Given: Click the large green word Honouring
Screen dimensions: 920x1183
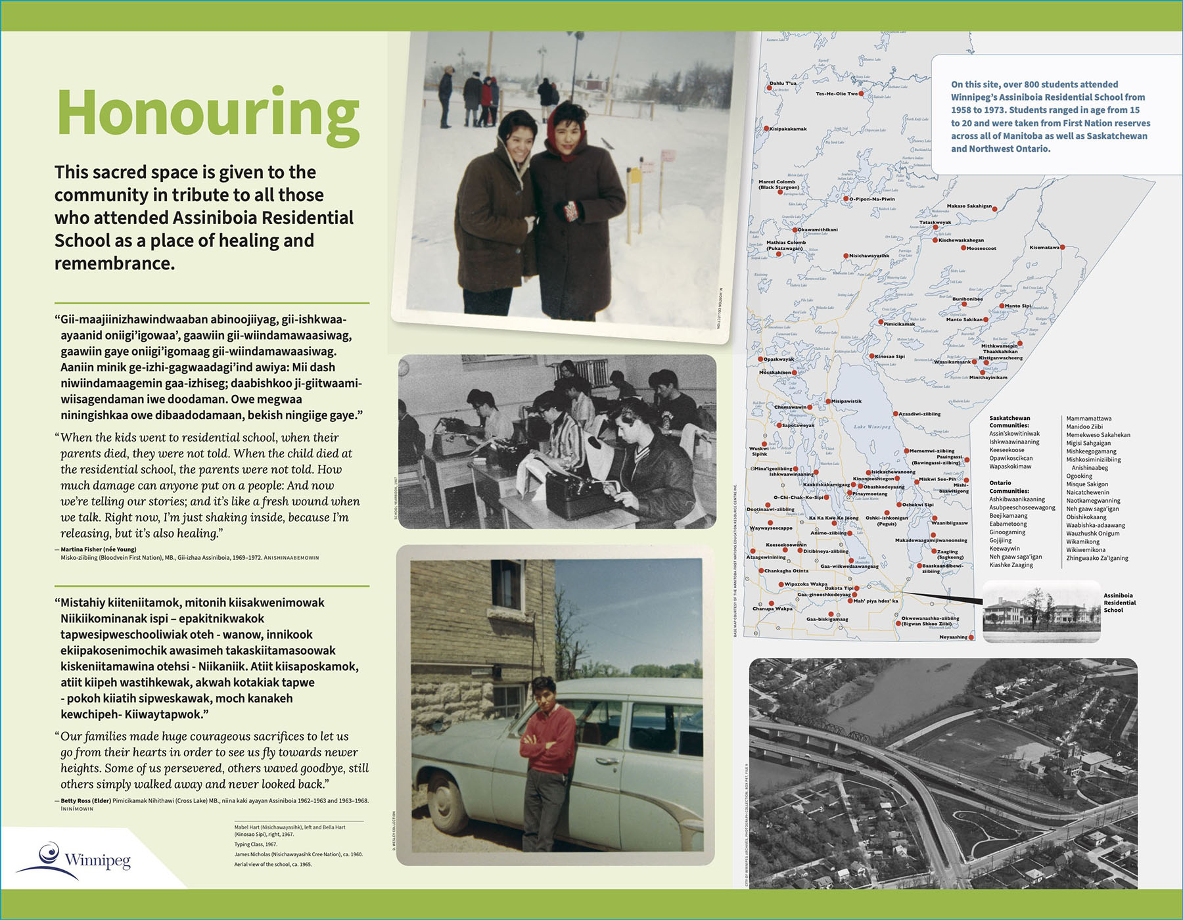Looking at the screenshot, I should point(208,114).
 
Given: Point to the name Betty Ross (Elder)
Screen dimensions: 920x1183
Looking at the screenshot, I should point(85,801).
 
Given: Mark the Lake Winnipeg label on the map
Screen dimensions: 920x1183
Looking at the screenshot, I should point(872,427).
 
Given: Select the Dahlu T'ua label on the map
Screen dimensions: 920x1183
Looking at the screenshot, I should point(783,83).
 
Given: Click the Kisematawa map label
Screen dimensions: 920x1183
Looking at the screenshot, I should point(1044,248).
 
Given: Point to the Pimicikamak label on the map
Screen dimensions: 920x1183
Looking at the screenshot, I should point(899,324).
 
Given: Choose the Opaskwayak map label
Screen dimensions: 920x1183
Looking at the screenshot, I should point(779,359).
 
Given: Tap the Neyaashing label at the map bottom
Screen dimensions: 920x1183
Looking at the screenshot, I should point(953,637).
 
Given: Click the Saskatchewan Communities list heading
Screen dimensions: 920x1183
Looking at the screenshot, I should point(1009,422).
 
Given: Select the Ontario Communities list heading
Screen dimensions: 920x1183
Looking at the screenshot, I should point(1009,487).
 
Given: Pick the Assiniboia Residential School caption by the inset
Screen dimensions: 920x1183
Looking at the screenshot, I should point(1119,603).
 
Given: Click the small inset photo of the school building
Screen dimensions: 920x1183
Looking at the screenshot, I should point(1041,612).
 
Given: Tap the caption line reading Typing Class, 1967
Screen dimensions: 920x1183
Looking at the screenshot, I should point(256,844).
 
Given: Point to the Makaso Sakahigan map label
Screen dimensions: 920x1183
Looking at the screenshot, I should point(969,206).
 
